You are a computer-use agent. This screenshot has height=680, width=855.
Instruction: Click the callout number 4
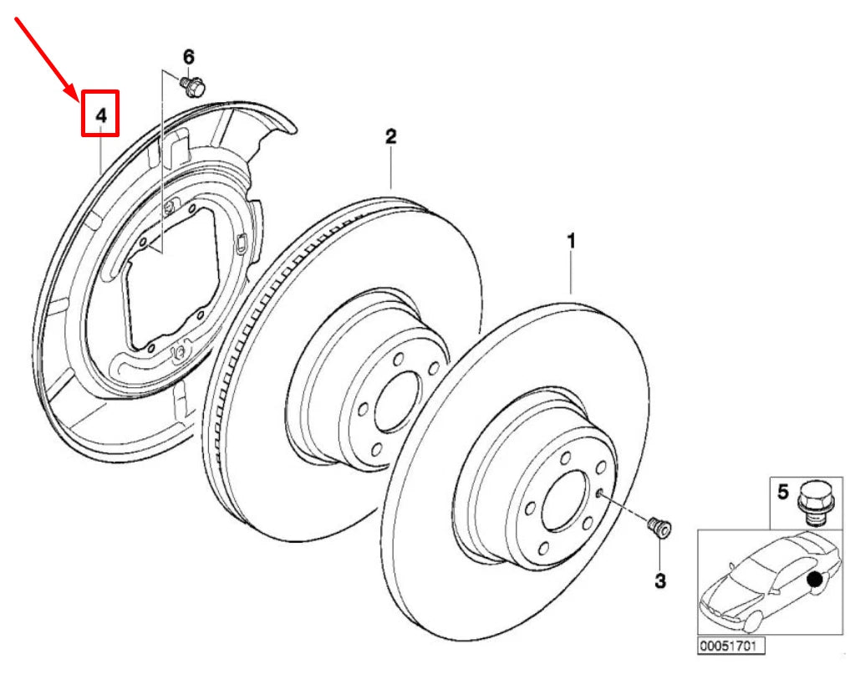(100, 115)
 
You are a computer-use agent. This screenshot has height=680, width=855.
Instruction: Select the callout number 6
(188, 58)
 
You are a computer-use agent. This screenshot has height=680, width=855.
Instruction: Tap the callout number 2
(390, 136)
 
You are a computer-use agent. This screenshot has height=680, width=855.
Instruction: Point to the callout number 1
(572, 242)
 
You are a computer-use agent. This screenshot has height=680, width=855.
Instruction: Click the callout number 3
(660, 580)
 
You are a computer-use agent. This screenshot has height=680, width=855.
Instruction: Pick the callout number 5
(783, 492)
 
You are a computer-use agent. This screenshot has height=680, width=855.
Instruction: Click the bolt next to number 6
(195, 85)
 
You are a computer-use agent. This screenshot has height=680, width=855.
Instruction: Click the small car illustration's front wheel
(751, 620)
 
